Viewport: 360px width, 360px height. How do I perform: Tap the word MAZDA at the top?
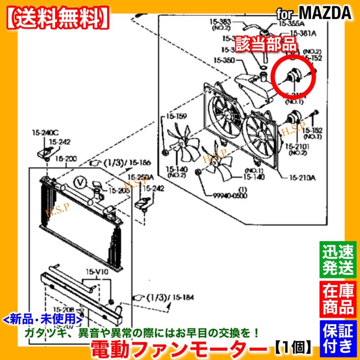point(325,13)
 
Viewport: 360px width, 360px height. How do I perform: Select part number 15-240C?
point(45,133)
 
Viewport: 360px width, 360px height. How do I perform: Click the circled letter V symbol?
point(81,183)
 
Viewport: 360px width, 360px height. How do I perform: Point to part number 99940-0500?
point(230,196)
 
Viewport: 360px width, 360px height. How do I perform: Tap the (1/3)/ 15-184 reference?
point(164,297)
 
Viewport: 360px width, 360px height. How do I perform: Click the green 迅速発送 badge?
point(338,259)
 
